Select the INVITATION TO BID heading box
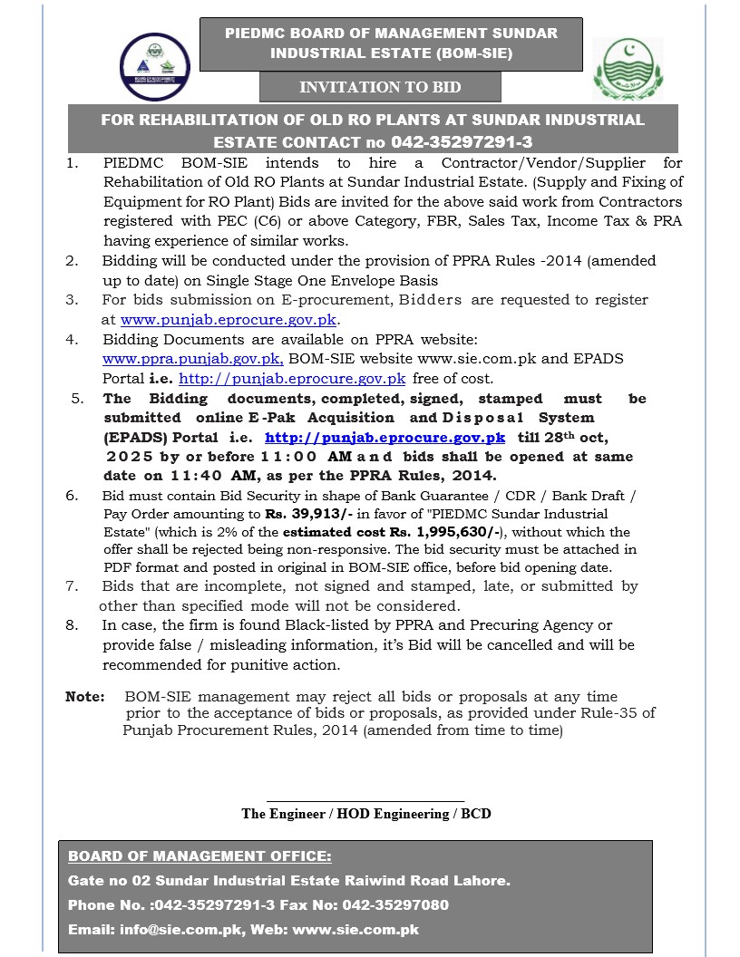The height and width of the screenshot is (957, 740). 380,88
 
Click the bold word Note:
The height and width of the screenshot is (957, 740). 84,697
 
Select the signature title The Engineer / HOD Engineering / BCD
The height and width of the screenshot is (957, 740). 366,814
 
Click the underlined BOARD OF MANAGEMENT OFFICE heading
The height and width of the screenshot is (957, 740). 200,856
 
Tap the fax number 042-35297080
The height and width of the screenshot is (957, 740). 397,904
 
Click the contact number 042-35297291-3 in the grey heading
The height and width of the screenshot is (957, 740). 462,142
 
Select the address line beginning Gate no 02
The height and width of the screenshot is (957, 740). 289,880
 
